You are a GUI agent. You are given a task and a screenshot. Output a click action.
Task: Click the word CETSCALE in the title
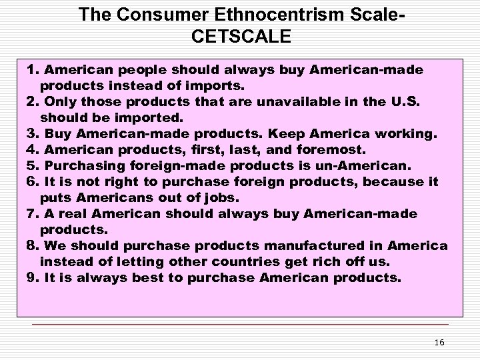pos(240,37)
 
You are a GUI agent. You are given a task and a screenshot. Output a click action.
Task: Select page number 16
pos(439,343)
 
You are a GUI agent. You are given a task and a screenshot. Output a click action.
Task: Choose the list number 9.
pos(31,278)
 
